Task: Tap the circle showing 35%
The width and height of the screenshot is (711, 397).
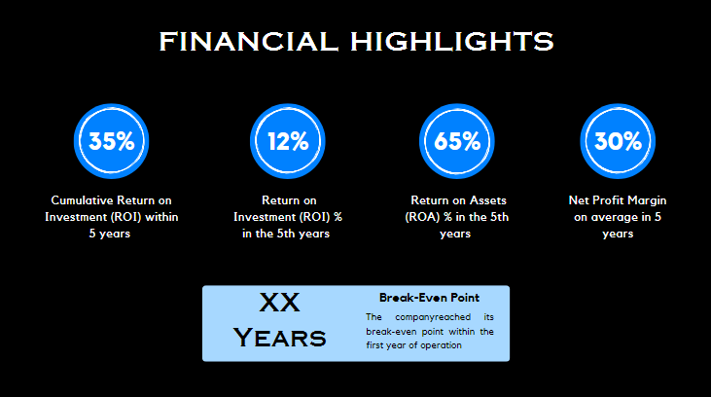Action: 111,141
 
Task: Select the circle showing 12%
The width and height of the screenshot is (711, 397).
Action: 288,141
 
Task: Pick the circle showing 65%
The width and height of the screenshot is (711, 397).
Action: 457,141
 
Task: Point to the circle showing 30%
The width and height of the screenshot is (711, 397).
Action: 618,141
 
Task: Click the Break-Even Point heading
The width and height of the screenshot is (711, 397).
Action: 429,297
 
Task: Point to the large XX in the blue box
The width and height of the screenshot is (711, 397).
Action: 280,304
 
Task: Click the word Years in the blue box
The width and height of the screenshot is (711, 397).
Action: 280,338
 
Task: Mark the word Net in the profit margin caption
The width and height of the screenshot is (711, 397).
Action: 579,199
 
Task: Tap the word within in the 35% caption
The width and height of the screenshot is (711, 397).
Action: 160,217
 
